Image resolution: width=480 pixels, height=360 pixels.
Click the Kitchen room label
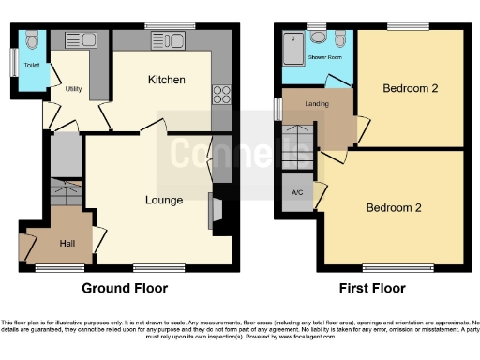(x=166, y=81)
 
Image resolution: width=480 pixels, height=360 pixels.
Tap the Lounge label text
(x=164, y=200)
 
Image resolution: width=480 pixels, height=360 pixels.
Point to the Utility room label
(x=74, y=89)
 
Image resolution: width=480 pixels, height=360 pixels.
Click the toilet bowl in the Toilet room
(x=33, y=40)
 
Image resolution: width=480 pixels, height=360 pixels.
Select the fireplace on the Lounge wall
(x=214, y=210)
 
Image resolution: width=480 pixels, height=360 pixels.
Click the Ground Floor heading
(x=125, y=288)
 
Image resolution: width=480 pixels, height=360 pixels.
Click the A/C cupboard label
(x=297, y=192)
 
